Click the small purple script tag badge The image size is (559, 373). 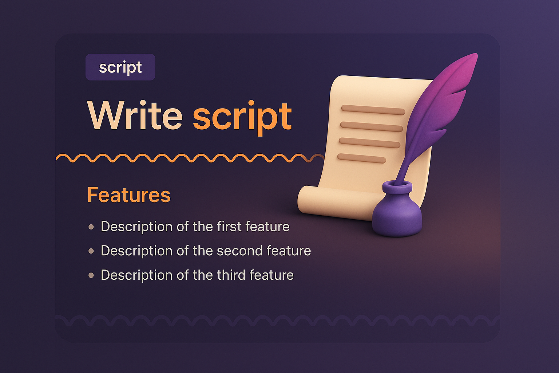point(120,67)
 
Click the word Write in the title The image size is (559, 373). point(135,116)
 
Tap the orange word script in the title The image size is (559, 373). point(242,117)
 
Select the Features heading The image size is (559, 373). point(128,195)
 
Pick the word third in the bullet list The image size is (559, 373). point(231,275)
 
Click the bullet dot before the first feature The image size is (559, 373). point(91,227)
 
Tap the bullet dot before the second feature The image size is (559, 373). point(91,251)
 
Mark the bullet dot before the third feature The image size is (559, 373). point(91,275)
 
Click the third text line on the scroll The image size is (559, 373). point(369,142)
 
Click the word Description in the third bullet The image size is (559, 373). point(136,275)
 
